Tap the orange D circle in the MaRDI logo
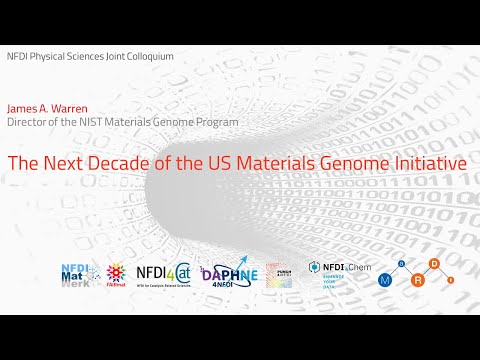point(434,265)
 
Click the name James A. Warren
point(43,109)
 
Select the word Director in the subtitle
point(27,122)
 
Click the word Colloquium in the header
point(149,56)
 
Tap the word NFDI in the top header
point(17,56)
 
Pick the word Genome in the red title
point(354,160)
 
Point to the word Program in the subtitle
point(217,122)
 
